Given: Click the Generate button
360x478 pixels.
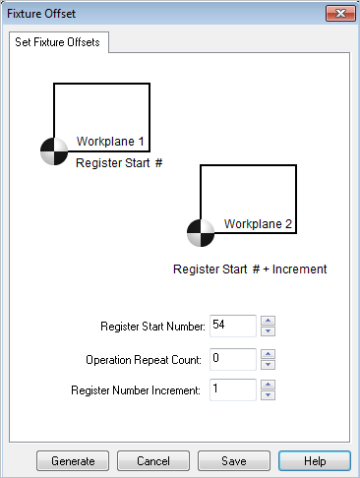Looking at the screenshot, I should tap(73, 460).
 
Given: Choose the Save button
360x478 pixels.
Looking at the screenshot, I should tap(234, 460).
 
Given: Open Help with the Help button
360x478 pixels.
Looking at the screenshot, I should tap(314, 460).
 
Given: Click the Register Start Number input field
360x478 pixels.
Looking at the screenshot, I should tap(232, 326).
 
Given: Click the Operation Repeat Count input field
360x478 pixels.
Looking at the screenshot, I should tap(232, 358).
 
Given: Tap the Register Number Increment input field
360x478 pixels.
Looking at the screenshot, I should tap(232, 390).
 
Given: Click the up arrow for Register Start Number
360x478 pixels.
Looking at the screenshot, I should tap(269, 320).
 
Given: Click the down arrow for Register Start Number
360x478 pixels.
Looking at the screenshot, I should tap(269, 331).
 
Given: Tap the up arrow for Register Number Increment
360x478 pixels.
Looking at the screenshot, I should tap(269, 385).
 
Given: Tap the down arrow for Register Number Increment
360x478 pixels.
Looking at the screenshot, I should tap(269, 396).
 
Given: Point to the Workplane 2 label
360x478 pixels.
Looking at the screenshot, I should tap(258, 224).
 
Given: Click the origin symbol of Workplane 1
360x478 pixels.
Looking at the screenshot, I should tap(54, 150).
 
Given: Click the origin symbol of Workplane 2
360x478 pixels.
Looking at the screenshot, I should tap(200, 233).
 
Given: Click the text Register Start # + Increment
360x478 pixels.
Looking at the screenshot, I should tap(250, 268).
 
